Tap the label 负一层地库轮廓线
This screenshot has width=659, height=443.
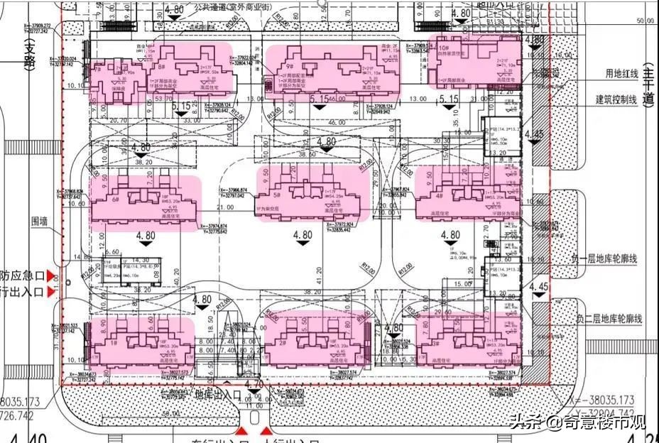pyautogui.click(x=608, y=258)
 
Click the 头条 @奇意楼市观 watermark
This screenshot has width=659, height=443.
pyautogui.click(x=576, y=424)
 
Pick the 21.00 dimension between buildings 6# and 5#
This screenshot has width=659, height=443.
pyautogui.click(x=226, y=207)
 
